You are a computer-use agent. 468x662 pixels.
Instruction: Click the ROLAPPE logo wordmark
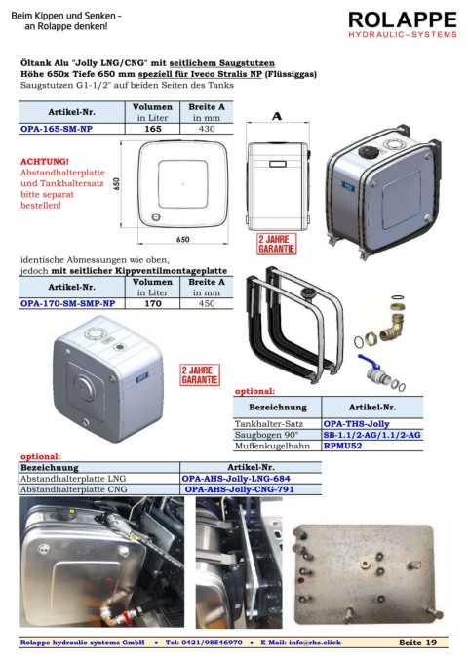[x=403, y=19]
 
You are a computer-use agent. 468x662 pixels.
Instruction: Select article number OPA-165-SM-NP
[x=57, y=129]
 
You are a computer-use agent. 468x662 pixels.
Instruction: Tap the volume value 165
[x=153, y=129]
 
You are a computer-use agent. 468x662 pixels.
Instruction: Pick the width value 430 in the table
[x=207, y=129]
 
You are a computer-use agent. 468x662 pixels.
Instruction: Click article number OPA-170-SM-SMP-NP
[x=67, y=303]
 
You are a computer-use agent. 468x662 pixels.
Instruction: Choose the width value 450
[x=207, y=303]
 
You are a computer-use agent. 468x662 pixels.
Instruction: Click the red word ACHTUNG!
[x=45, y=162]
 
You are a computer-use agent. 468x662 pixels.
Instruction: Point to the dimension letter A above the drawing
[x=277, y=116]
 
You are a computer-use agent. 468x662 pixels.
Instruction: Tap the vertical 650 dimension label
[x=116, y=184]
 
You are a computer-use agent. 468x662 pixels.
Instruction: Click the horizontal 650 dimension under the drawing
[x=183, y=240]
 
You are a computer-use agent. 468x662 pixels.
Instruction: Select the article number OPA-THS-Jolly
[x=356, y=424]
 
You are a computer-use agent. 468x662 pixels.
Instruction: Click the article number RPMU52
[x=342, y=446]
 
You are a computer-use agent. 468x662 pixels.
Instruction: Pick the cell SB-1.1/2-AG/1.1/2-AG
[x=372, y=435]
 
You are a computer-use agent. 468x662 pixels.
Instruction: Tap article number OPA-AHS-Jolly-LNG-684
[x=236, y=479]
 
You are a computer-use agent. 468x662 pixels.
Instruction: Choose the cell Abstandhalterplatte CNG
[x=73, y=489]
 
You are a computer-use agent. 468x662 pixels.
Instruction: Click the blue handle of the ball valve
[x=367, y=363]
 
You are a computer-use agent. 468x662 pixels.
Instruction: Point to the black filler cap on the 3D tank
[x=368, y=151]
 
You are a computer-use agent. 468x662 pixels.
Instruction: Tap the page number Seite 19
[x=417, y=643]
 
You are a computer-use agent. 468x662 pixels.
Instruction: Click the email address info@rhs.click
[x=314, y=643]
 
